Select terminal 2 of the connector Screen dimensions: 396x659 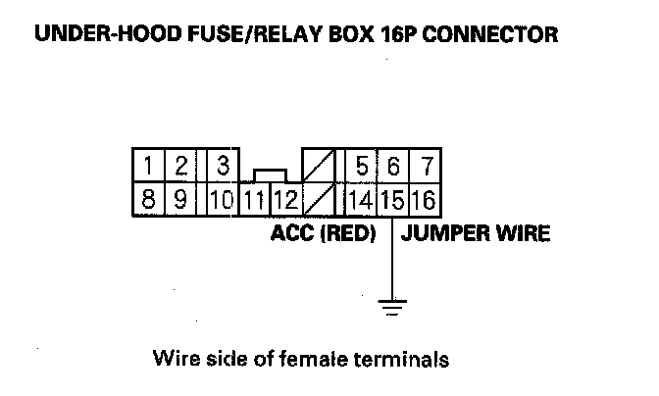[180, 165]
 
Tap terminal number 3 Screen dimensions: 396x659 [222, 165]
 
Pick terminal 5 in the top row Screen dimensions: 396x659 [362, 165]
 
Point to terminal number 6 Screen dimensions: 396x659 [393, 165]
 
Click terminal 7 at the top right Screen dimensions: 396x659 [426, 165]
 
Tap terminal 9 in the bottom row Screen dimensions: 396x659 [180, 201]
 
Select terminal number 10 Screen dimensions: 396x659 [221, 201]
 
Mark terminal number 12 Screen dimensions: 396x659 [285, 201]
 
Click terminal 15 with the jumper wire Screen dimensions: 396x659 [393, 201]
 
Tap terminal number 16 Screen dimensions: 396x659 [425, 201]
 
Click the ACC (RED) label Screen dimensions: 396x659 [322, 235]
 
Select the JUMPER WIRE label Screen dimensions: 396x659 [476, 235]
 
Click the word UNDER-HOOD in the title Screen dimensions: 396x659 [90, 36]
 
